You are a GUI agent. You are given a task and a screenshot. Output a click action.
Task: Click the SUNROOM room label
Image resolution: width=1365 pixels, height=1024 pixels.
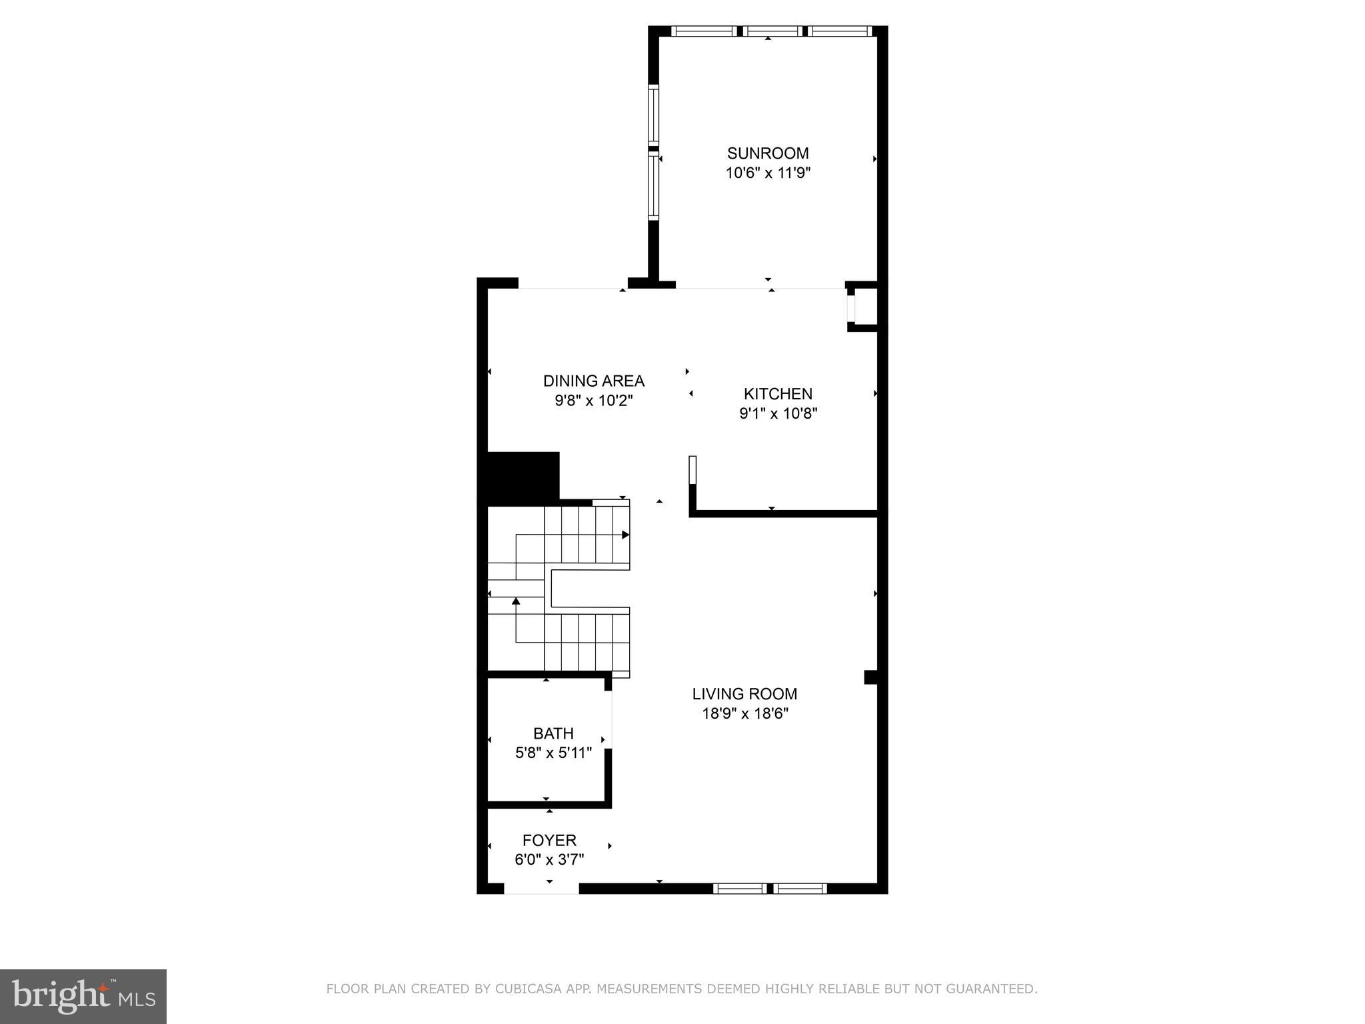pos(768,153)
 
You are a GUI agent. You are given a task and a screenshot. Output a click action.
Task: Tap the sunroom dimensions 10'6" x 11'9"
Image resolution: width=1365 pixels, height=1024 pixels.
pos(768,173)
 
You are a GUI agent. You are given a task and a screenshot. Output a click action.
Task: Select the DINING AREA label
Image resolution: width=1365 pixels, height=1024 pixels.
pos(593,381)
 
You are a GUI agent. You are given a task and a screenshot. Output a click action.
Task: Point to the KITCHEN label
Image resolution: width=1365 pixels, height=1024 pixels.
pos(778,393)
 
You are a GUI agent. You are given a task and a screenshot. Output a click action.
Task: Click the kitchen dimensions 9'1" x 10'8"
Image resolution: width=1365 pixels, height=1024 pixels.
pos(778,413)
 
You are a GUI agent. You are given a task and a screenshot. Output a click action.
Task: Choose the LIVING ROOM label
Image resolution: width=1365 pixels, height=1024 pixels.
pos(744,694)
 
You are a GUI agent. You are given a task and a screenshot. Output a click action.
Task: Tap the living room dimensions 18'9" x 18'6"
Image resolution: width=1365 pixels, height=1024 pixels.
pos(744,714)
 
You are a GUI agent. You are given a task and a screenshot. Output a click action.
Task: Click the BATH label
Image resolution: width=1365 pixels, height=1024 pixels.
pos(553,733)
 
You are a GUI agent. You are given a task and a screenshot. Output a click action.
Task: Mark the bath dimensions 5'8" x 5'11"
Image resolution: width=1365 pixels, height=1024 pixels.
pos(553,753)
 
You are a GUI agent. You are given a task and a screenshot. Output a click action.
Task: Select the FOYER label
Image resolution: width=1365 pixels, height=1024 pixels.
pos(549,840)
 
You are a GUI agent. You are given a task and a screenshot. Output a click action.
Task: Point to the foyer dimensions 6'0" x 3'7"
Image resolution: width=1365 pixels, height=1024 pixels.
pos(549,860)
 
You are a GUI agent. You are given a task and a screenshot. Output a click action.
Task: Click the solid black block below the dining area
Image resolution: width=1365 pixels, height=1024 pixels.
pos(523,476)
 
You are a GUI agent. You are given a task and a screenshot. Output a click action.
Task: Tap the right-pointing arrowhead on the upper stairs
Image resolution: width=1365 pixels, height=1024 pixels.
pos(626,535)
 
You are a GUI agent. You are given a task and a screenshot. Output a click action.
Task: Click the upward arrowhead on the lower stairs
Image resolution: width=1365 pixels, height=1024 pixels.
pos(516,601)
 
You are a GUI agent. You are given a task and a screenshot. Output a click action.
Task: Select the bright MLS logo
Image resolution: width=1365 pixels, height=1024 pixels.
pos(83,996)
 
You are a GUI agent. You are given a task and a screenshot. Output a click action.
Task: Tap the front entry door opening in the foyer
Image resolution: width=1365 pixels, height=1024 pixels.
pos(541,889)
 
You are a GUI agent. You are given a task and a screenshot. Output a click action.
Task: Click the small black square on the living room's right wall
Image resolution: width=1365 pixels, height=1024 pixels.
pos(870,677)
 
